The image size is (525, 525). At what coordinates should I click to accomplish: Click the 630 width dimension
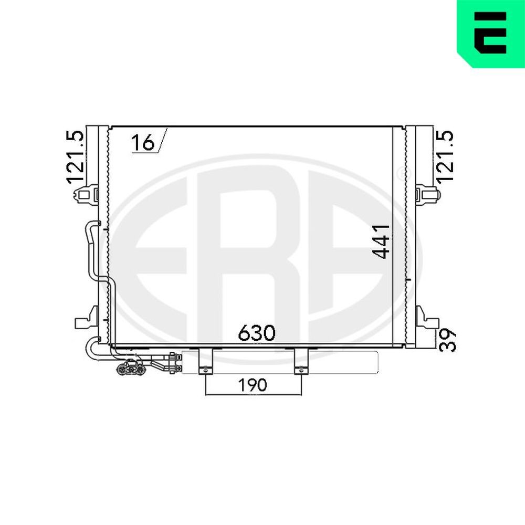256,333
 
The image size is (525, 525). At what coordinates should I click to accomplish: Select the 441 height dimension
382,241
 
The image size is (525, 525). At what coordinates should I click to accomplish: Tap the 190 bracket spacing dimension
253,385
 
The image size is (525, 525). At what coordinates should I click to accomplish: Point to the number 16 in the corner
143,142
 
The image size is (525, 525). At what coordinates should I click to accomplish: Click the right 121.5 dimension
445,157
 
